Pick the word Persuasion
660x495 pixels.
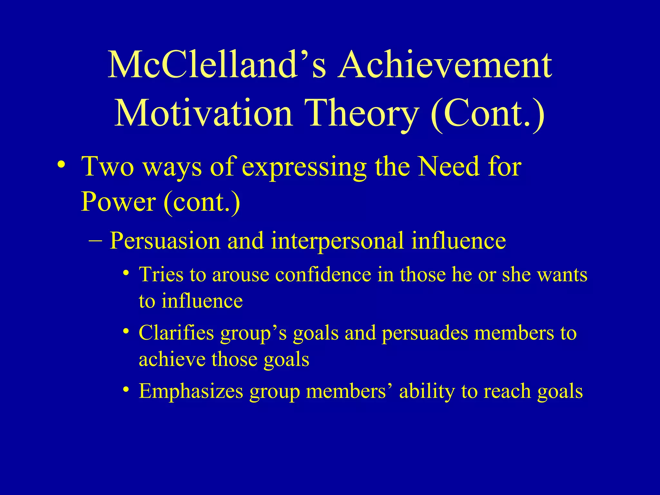point(164,241)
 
